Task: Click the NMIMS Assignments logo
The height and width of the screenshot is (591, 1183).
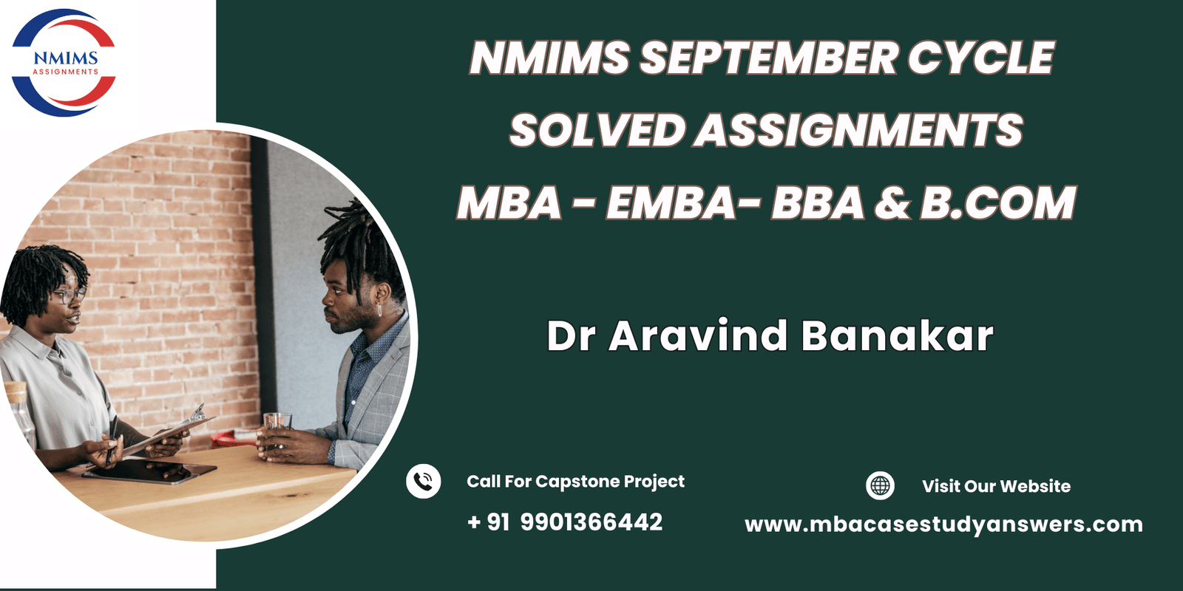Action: [64, 63]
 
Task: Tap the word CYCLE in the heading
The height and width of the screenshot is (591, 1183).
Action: [981, 58]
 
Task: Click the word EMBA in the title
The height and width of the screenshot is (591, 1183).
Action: [671, 203]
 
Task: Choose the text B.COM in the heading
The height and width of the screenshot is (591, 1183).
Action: [998, 203]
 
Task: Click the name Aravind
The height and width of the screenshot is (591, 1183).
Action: [698, 336]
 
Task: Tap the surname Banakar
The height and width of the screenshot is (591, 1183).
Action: [897, 336]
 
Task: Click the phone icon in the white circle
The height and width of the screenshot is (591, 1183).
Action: [424, 482]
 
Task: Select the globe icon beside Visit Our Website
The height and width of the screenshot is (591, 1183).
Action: [880, 486]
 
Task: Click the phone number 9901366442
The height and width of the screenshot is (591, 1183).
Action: [591, 522]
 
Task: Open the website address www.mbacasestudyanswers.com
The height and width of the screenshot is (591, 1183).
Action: [943, 525]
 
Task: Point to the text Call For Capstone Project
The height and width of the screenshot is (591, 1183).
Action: [575, 482]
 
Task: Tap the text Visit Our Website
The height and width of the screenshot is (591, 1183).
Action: [996, 486]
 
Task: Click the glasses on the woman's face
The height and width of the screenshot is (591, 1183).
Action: [70, 296]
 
